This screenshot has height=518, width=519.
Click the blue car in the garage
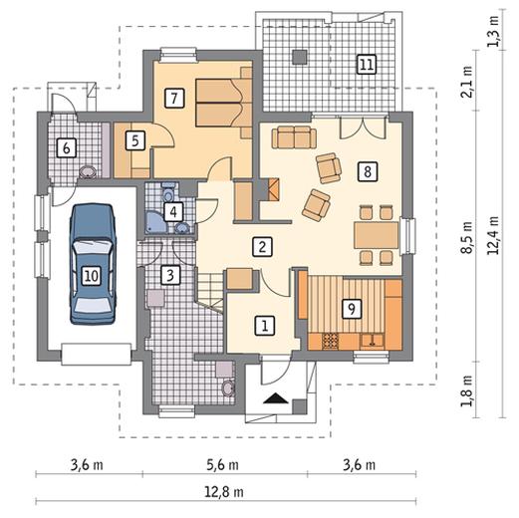[92, 264]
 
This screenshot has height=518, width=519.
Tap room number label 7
[174, 98]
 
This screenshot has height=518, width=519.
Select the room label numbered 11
[367, 64]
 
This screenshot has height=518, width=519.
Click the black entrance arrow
[276, 397]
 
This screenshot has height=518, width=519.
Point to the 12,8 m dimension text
[224, 492]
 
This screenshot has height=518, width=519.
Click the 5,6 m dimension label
[223, 465]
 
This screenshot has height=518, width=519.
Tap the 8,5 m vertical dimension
[468, 237]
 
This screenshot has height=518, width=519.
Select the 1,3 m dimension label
[494, 31]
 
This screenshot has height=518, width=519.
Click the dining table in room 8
[376, 235]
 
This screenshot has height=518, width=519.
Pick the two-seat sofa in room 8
[294, 136]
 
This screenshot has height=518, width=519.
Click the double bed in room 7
[223, 103]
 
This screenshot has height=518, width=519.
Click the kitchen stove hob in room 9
[331, 342]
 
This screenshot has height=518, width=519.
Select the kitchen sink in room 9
[372, 341]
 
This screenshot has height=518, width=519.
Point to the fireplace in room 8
[273, 189]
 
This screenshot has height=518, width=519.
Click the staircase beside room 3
[210, 291]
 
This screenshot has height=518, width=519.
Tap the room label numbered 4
[173, 211]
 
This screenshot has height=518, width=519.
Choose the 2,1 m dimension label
[468, 82]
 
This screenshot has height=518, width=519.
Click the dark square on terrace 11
[300, 57]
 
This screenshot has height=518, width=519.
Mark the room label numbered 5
[135, 140]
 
